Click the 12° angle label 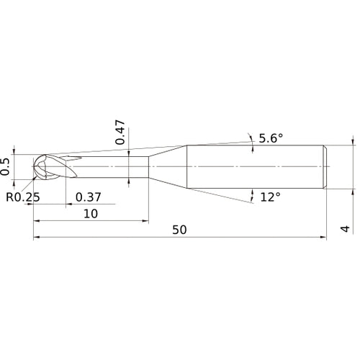pyautogui.click(x=270, y=197)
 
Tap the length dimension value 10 pyautogui.click(x=91, y=213)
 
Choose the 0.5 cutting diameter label pyautogui.click(x=6, y=166)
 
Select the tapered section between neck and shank pyautogui.click(x=167, y=167)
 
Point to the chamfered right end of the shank pyautogui.click(x=325, y=167)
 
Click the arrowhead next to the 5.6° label pyautogui.click(x=250, y=137)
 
